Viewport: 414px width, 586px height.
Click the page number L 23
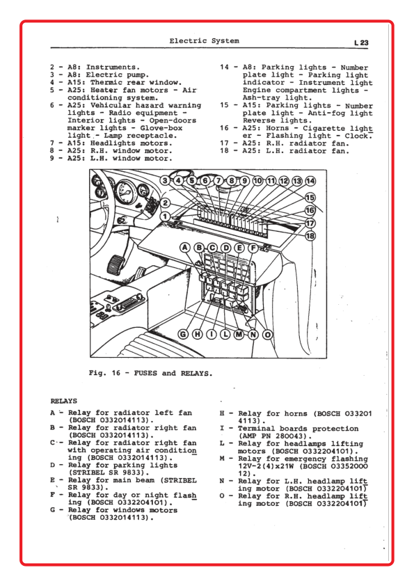tap(361, 42)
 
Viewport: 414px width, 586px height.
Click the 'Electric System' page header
tap(204, 41)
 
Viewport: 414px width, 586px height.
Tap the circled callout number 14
tap(310, 181)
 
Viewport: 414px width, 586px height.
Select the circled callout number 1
tap(165, 216)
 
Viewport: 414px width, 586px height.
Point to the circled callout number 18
tap(310, 236)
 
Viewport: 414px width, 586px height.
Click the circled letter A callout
tap(185, 247)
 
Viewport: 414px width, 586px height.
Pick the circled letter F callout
tap(253, 248)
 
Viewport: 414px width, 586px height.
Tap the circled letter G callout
tap(183, 334)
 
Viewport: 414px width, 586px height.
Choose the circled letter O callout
tap(267, 335)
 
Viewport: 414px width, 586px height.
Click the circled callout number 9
tap(244, 181)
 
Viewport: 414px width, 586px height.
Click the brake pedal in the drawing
tap(116, 264)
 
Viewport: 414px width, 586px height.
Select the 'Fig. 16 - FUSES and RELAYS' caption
tap(150, 373)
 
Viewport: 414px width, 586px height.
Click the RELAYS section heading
tap(64, 401)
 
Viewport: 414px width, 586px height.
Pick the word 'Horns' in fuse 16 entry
tap(277, 129)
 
